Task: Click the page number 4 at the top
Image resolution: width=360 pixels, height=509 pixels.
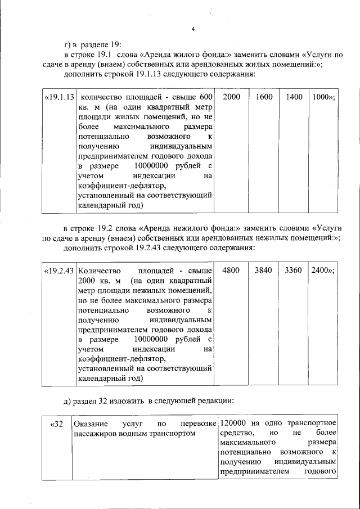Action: [192, 29]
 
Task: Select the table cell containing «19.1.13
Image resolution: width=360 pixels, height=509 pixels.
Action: [59, 97]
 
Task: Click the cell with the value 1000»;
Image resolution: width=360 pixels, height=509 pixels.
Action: [323, 97]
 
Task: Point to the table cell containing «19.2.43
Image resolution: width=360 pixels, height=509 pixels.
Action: [59, 270]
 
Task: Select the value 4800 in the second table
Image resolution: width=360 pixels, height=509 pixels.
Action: [231, 270]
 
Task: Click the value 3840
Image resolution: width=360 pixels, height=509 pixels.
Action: [263, 270]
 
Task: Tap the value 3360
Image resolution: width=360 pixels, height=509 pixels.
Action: [294, 270]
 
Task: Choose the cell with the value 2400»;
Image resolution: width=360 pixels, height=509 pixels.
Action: [323, 270]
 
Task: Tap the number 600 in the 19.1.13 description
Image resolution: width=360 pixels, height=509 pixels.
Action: [206, 97]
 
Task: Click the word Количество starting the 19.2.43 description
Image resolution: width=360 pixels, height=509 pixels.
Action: [97, 270]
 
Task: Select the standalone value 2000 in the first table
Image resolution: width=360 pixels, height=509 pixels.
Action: [231, 97]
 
